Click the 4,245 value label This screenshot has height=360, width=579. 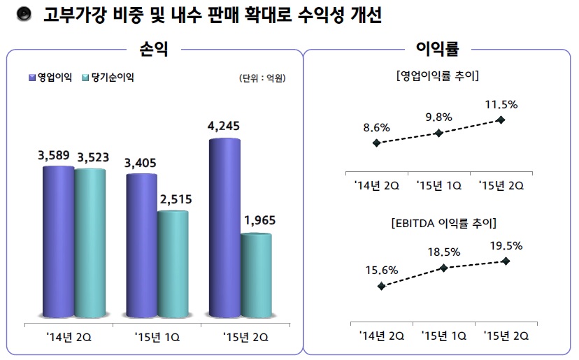coord(224,127)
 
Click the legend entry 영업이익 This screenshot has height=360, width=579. coord(51,77)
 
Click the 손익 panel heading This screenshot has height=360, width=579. coord(154,49)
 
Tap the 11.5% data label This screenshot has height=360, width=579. coord(501,105)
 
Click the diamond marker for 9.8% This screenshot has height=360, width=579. coord(438,133)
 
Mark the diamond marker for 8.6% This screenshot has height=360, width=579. coord(377,143)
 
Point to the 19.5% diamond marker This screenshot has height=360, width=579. coord(506,261)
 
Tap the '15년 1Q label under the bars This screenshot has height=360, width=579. coord(157,337)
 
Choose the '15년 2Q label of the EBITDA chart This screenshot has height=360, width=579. coord(506,336)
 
